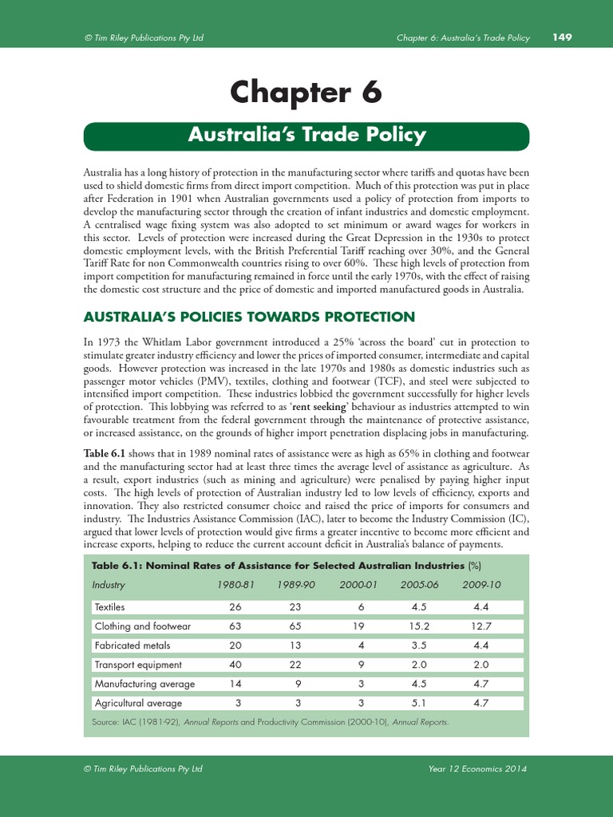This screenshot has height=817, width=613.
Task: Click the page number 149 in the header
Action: (x=562, y=37)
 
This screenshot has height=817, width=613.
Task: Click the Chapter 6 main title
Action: (x=306, y=93)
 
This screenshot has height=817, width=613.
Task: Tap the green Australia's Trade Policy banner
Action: (x=306, y=135)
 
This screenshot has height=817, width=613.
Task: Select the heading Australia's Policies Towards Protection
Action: (x=249, y=317)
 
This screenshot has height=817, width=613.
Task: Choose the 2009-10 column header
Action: (x=481, y=585)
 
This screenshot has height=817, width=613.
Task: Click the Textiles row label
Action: (x=110, y=607)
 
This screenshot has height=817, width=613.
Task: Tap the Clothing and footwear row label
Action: (x=139, y=626)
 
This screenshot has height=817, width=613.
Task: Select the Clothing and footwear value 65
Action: (x=295, y=626)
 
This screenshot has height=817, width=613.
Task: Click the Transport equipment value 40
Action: (x=235, y=665)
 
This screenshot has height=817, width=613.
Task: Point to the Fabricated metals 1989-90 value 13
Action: (x=295, y=645)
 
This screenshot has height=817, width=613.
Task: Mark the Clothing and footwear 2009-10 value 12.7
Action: (x=481, y=626)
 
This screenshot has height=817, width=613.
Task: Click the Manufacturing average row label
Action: (x=144, y=684)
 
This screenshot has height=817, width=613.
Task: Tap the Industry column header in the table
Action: (x=109, y=585)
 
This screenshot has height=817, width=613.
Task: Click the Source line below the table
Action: (x=271, y=722)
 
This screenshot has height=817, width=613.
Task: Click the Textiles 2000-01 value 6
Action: (x=360, y=607)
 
